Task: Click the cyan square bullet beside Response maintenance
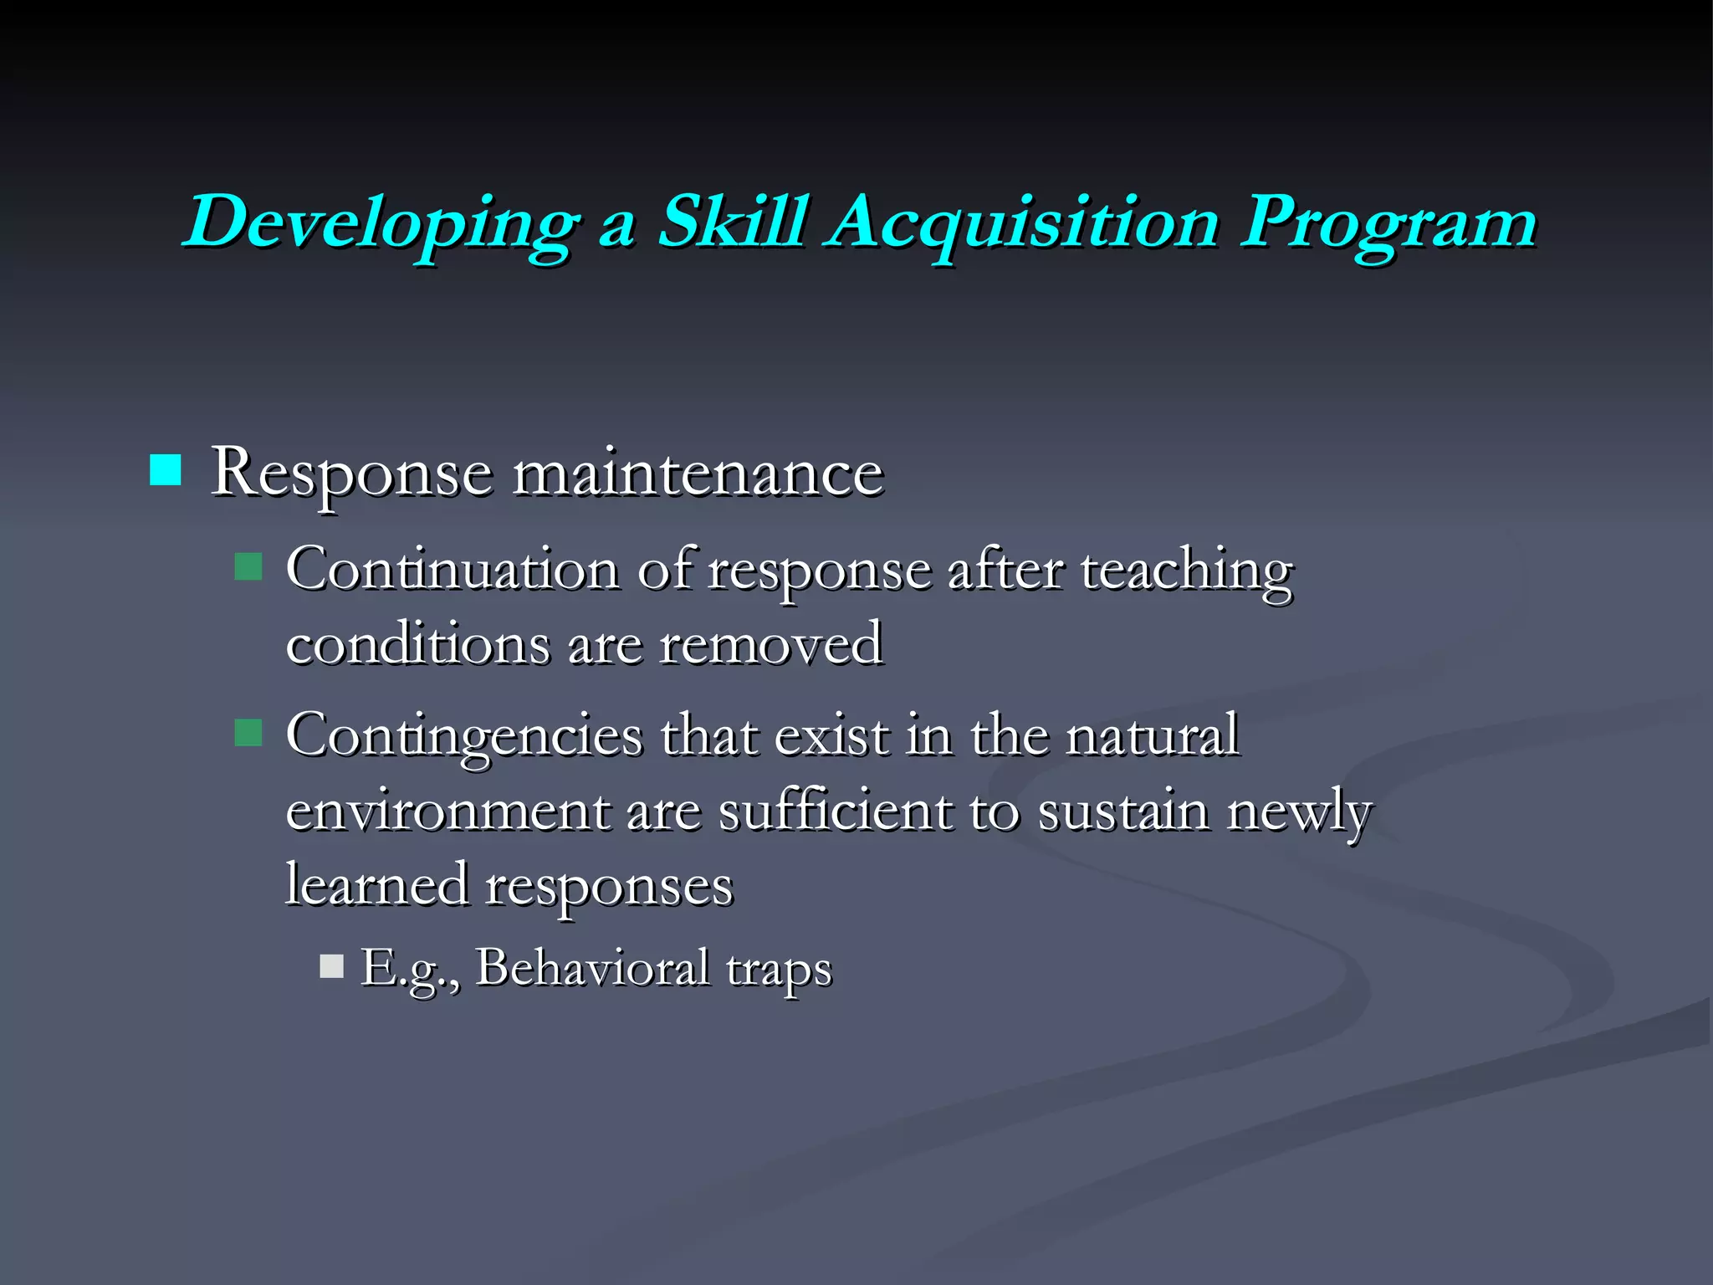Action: pyautogui.click(x=165, y=470)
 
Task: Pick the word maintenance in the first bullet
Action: pyautogui.click(x=698, y=474)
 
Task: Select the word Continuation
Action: pyautogui.click(x=452, y=571)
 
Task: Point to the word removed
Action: pyautogui.click(x=770, y=644)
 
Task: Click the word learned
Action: pyautogui.click(x=376, y=884)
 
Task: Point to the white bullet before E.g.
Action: pyautogui.click(x=331, y=967)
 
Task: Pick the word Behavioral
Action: pyautogui.click(x=592, y=968)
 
